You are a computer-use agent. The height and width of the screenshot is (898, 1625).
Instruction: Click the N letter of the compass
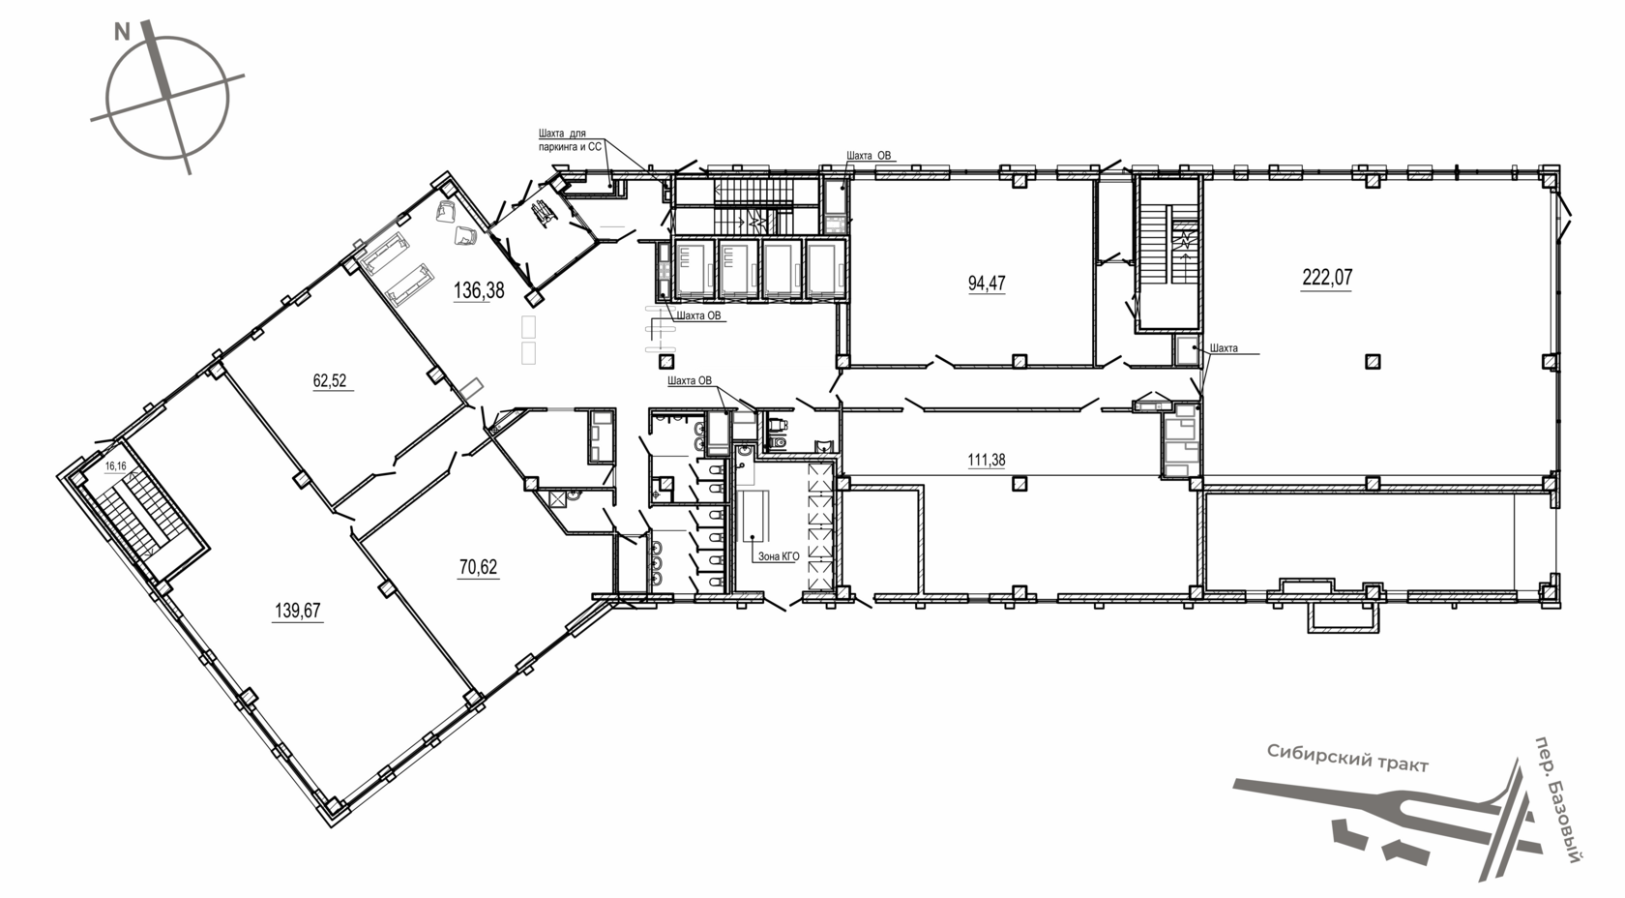pyautogui.click(x=122, y=32)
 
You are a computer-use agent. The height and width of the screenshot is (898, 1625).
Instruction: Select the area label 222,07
pyautogui.click(x=1327, y=278)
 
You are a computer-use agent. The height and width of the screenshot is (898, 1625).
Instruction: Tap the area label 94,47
pyautogui.click(x=987, y=284)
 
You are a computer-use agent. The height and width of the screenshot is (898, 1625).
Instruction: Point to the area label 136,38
pyautogui.click(x=478, y=291)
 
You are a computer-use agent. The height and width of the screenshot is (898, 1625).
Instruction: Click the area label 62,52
pyautogui.click(x=329, y=380)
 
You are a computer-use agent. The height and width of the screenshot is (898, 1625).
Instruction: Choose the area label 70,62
pyautogui.click(x=478, y=566)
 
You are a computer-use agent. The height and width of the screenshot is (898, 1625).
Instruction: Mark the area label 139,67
pyautogui.click(x=298, y=612)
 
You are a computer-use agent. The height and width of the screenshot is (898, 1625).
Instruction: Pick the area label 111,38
pyautogui.click(x=986, y=460)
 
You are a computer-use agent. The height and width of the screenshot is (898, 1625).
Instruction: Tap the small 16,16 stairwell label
pyautogui.click(x=115, y=466)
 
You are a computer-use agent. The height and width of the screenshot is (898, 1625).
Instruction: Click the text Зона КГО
pyautogui.click(x=779, y=556)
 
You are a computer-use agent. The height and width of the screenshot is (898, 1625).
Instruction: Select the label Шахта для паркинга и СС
pyautogui.click(x=570, y=140)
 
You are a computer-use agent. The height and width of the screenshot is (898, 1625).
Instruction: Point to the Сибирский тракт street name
pyautogui.click(x=1347, y=759)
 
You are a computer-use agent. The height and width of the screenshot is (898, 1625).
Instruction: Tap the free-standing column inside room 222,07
pyautogui.click(x=1372, y=361)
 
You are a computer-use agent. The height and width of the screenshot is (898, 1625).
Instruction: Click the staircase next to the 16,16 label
pyautogui.click(x=137, y=518)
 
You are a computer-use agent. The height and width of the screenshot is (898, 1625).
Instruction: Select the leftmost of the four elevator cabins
pyautogui.click(x=694, y=269)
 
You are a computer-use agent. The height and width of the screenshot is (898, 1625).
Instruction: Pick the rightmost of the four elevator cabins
pyautogui.click(x=826, y=269)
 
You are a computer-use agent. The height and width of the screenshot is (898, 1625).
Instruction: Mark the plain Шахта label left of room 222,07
pyautogui.click(x=1224, y=348)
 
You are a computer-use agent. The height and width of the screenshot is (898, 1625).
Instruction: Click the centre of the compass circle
pyautogui.click(x=167, y=98)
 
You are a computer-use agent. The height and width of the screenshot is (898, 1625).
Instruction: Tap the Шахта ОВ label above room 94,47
pyautogui.click(x=869, y=156)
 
